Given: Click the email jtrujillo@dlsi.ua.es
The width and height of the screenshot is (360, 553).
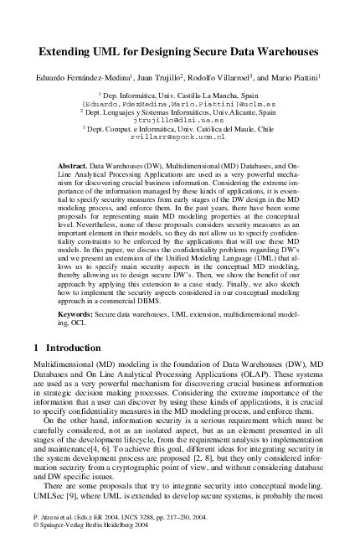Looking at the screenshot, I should click(x=180, y=121).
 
